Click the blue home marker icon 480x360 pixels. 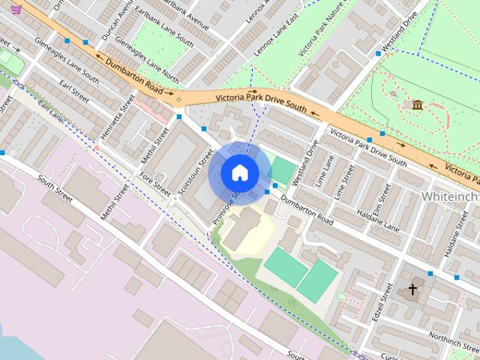(240, 173)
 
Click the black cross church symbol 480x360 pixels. (412, 289)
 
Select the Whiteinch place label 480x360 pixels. (450, 195)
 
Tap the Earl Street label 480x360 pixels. (73, 94)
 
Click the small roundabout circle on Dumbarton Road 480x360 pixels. (178, 97)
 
